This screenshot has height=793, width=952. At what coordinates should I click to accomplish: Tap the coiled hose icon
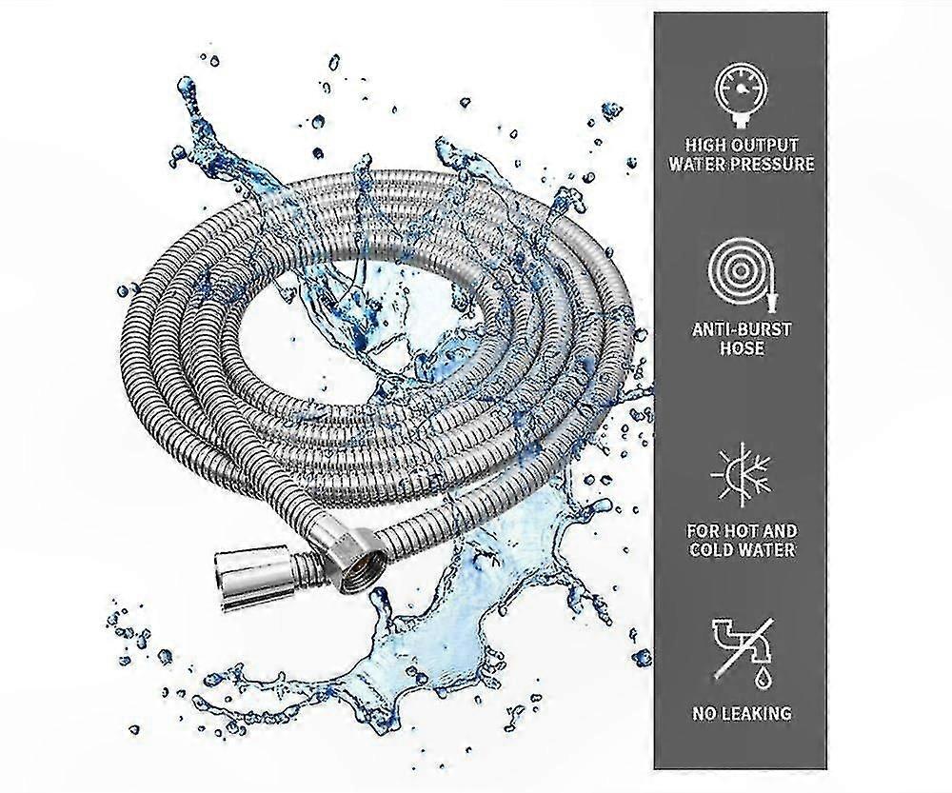(743, 274)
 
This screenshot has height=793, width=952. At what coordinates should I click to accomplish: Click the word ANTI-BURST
(742, 329)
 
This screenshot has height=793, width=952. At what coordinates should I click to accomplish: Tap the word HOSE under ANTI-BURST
(742, 347)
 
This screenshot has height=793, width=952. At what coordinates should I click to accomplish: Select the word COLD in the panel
(710, 550)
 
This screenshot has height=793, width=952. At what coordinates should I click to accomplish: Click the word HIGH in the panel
(705, 145)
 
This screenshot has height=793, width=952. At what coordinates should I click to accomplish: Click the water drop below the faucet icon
(760, 678)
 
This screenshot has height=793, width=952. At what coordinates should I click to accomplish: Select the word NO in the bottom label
(704, 712)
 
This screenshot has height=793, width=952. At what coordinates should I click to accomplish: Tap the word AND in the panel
(779, 531)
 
